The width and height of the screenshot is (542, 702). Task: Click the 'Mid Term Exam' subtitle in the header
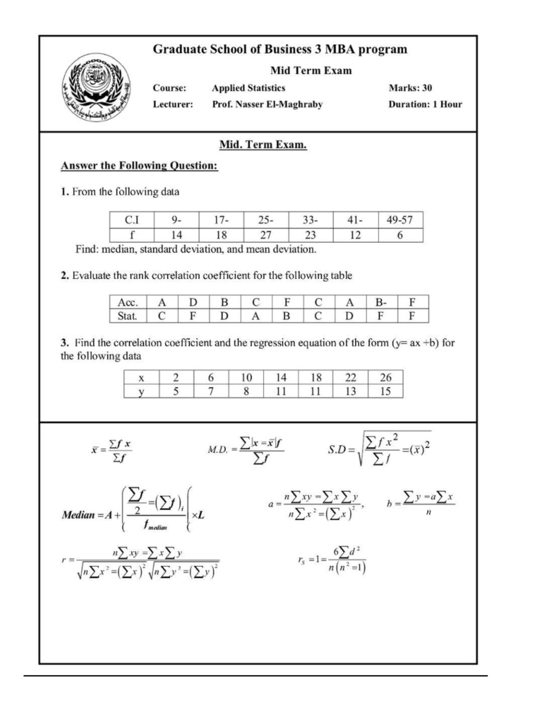[x=311, y=71]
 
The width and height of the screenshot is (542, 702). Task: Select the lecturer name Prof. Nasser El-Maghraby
[x=267, y=104]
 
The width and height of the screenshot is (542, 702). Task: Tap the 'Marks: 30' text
[x=410, y=88]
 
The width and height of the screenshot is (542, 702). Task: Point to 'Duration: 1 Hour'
[x=425, y=104]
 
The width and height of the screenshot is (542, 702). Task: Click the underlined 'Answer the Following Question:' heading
[x=139, y=166]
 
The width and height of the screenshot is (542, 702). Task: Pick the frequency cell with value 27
[x=266, y=235]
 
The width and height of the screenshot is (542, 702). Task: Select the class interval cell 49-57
[x=400, y=220]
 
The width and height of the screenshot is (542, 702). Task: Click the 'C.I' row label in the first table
[x=132, y=220]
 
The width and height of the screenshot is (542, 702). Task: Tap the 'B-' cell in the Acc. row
[x=381, y=302]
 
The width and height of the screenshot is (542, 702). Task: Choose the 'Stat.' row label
[x=127, y=316]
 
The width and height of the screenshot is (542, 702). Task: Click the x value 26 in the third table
[x=385, y=377]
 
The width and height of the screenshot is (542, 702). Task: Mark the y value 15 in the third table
[x=385, y=391]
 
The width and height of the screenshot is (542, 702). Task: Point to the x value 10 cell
[x=246, y=377]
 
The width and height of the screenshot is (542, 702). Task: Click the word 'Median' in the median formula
[x=78, y=515]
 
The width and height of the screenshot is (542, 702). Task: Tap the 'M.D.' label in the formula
[x=217, y=450]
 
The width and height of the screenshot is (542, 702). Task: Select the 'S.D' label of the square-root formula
[x=337, y=450]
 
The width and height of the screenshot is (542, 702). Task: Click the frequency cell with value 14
[x=176, y=235]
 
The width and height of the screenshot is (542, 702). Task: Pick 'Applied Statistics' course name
[x=248, y=88]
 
